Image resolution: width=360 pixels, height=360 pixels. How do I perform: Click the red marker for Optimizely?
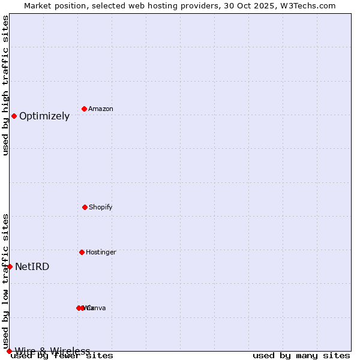click(x=14, y=116)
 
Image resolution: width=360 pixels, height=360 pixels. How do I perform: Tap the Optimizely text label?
click(x=44, y=116)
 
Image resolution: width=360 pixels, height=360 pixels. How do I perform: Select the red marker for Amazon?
click(x=84, y=109)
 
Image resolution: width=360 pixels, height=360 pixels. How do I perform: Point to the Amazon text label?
click(x=101, y=109)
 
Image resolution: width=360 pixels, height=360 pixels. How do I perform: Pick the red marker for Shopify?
click(x=85, y=207)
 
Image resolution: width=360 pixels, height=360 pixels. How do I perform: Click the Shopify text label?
click(x=101, y=208)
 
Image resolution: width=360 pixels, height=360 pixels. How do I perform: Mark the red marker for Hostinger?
click(x=82, y=252)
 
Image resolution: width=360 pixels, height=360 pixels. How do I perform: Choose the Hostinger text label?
click(x=101, y=253)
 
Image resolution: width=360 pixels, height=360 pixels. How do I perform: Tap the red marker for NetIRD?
click(x=10, y=266)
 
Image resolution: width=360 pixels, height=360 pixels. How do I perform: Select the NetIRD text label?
click(x=32, y=267)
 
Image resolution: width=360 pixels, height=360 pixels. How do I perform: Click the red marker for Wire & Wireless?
click(x=9, y=351)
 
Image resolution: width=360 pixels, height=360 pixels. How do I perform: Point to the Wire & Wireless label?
click(x=53, y=351)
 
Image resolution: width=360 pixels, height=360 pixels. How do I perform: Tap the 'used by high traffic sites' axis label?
click(x=5, y=85)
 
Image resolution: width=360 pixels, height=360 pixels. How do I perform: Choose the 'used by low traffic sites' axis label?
click(x=5, y=277)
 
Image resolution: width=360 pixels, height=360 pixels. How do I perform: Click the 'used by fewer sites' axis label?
click(x=62, y=356)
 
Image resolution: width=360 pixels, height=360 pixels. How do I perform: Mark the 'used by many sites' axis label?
click(x=301, y=356)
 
